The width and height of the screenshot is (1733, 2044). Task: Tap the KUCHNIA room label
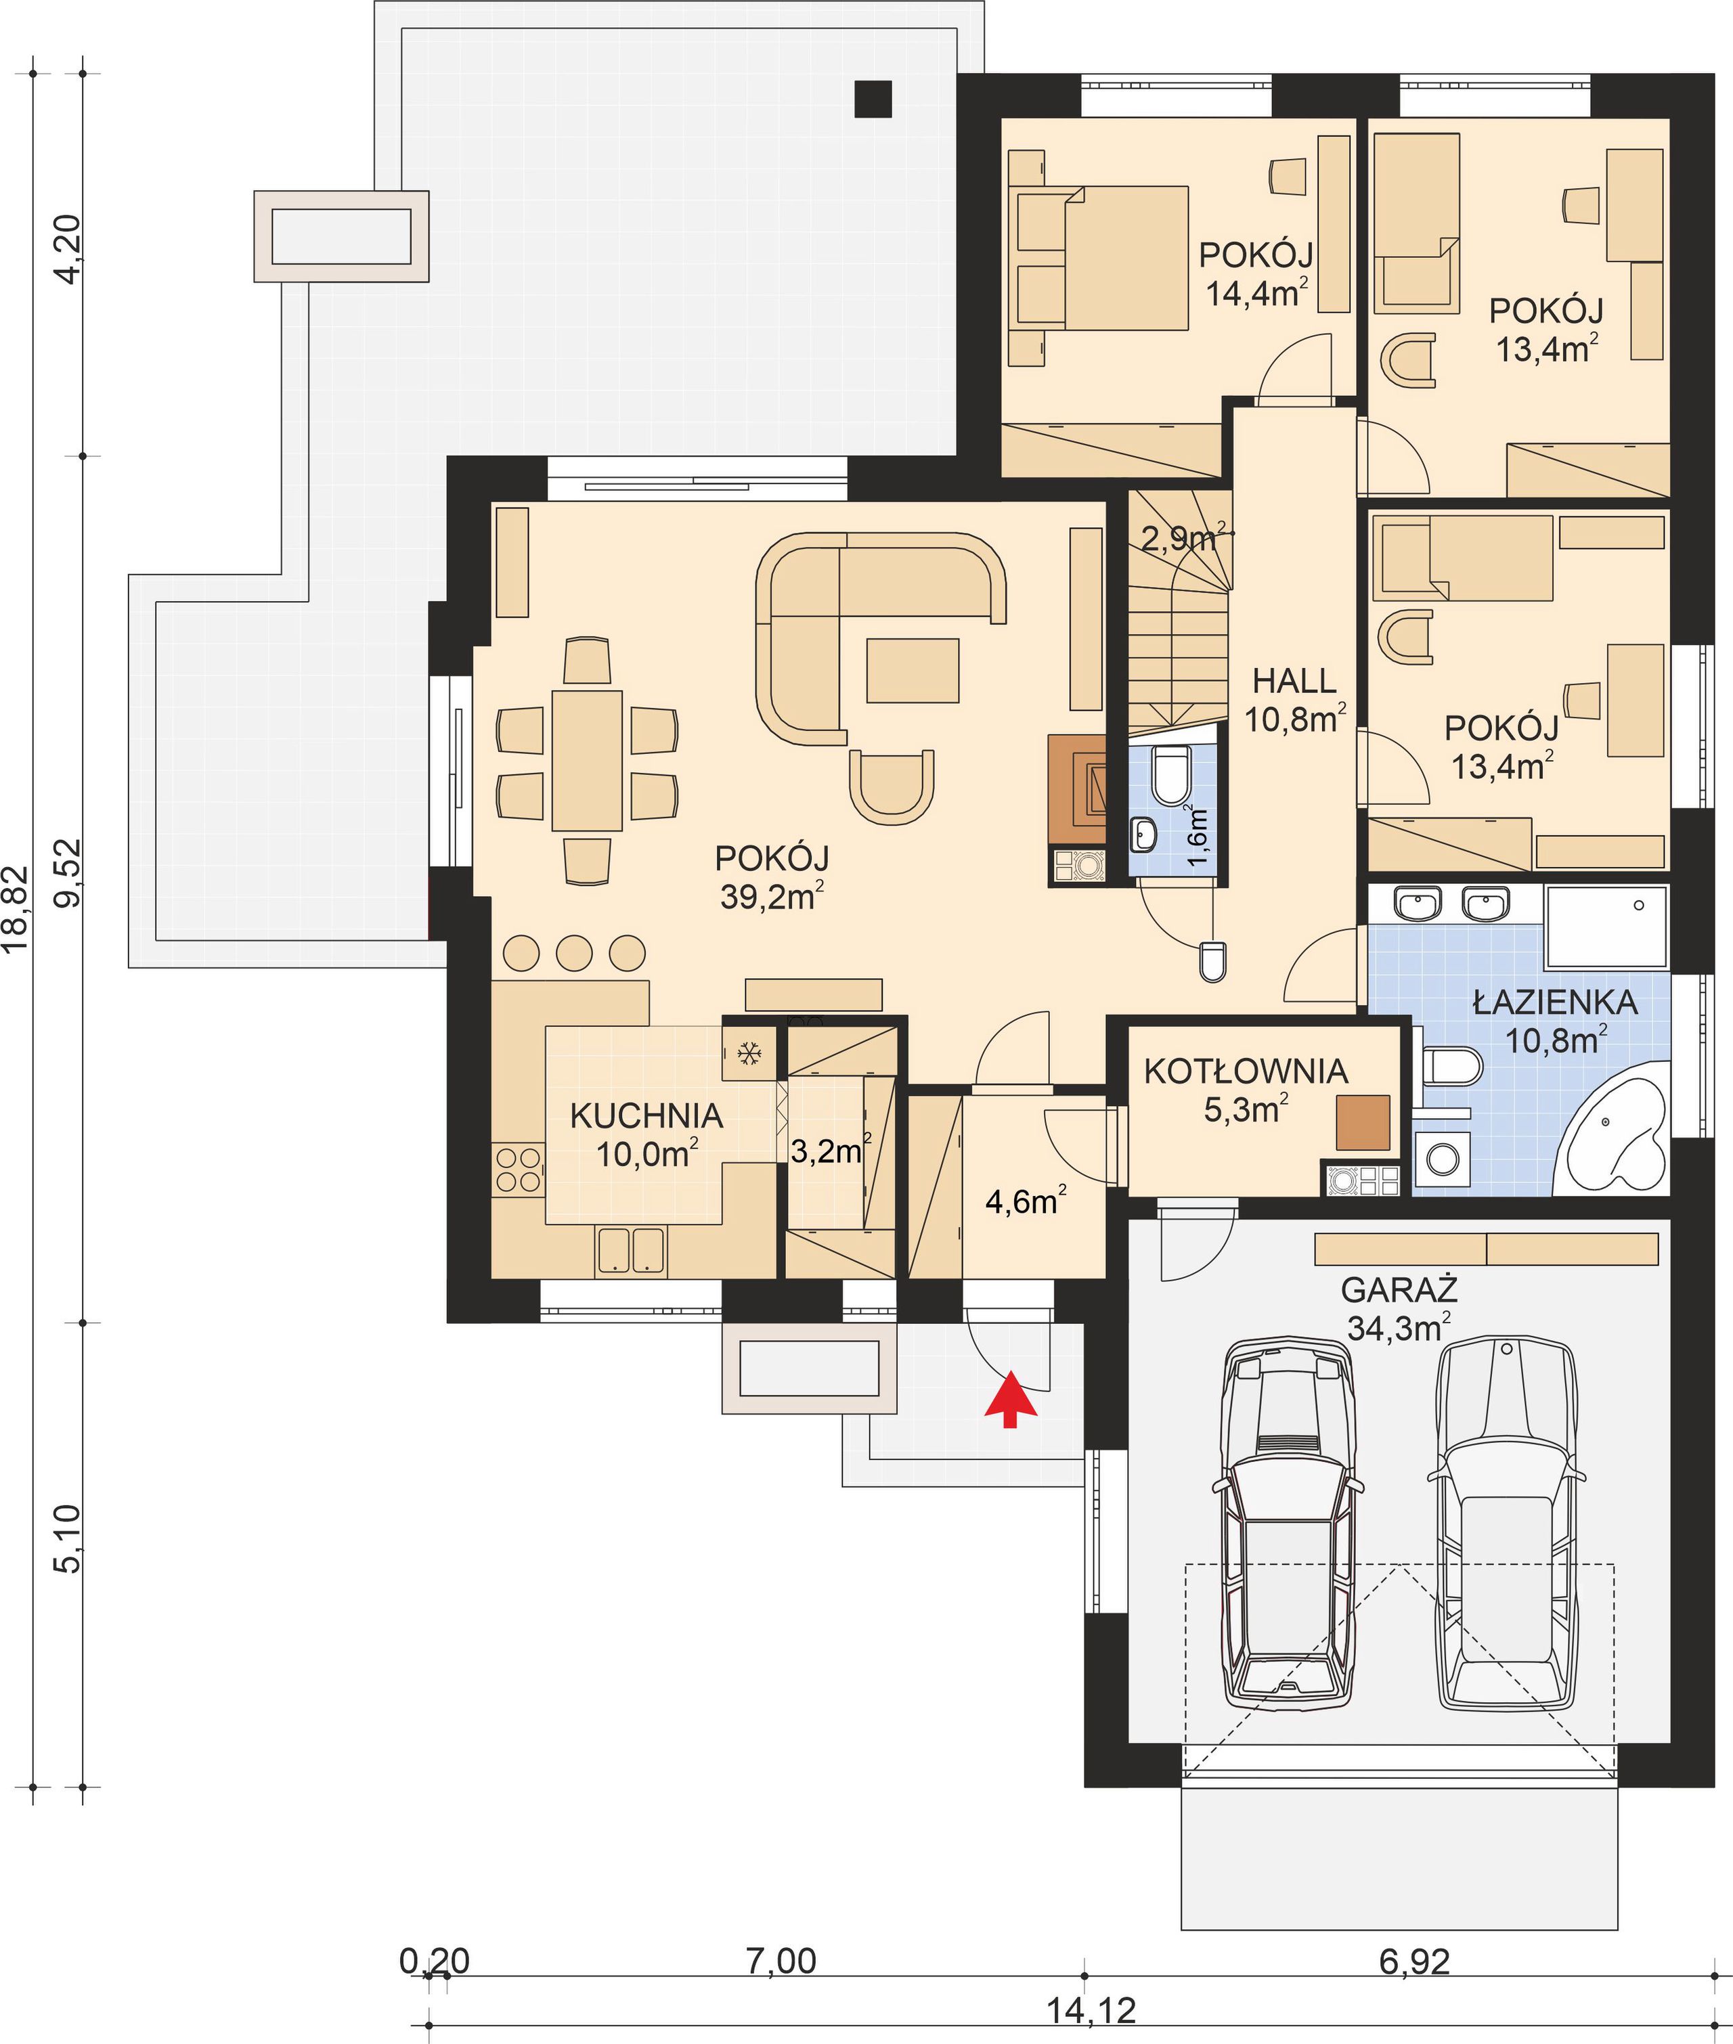(646, 1117)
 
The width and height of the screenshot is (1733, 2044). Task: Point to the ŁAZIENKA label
(1555, 1003)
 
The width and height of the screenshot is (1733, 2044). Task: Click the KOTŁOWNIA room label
(1246, 1071)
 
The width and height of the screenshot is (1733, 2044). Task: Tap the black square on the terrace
(873, 98)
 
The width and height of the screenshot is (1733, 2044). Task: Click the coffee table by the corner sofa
(913, 670)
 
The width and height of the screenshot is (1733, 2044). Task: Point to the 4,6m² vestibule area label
(1026, 1200)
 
